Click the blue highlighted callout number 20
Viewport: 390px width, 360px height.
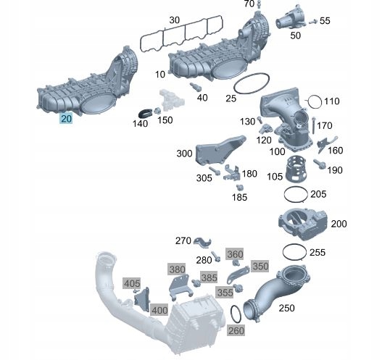(66, 119)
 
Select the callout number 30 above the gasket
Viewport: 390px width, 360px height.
(175, 20)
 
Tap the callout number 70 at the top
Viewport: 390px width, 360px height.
(249, 4)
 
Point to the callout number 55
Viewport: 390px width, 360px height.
(324, 22)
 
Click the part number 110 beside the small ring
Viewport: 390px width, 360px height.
(331, 101)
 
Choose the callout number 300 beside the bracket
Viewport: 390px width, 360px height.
(184, 154)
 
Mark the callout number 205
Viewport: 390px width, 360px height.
(318, 194)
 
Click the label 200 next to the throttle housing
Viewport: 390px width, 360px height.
(339, 224)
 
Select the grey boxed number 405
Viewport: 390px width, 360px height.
(131, 283)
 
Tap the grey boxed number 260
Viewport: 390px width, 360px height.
(236, 330)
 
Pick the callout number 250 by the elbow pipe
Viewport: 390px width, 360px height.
(287, 308)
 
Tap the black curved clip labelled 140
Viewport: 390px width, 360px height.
(146, 112)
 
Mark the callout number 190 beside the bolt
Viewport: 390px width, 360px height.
(333, 170)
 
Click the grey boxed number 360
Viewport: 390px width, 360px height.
(235, 254)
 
